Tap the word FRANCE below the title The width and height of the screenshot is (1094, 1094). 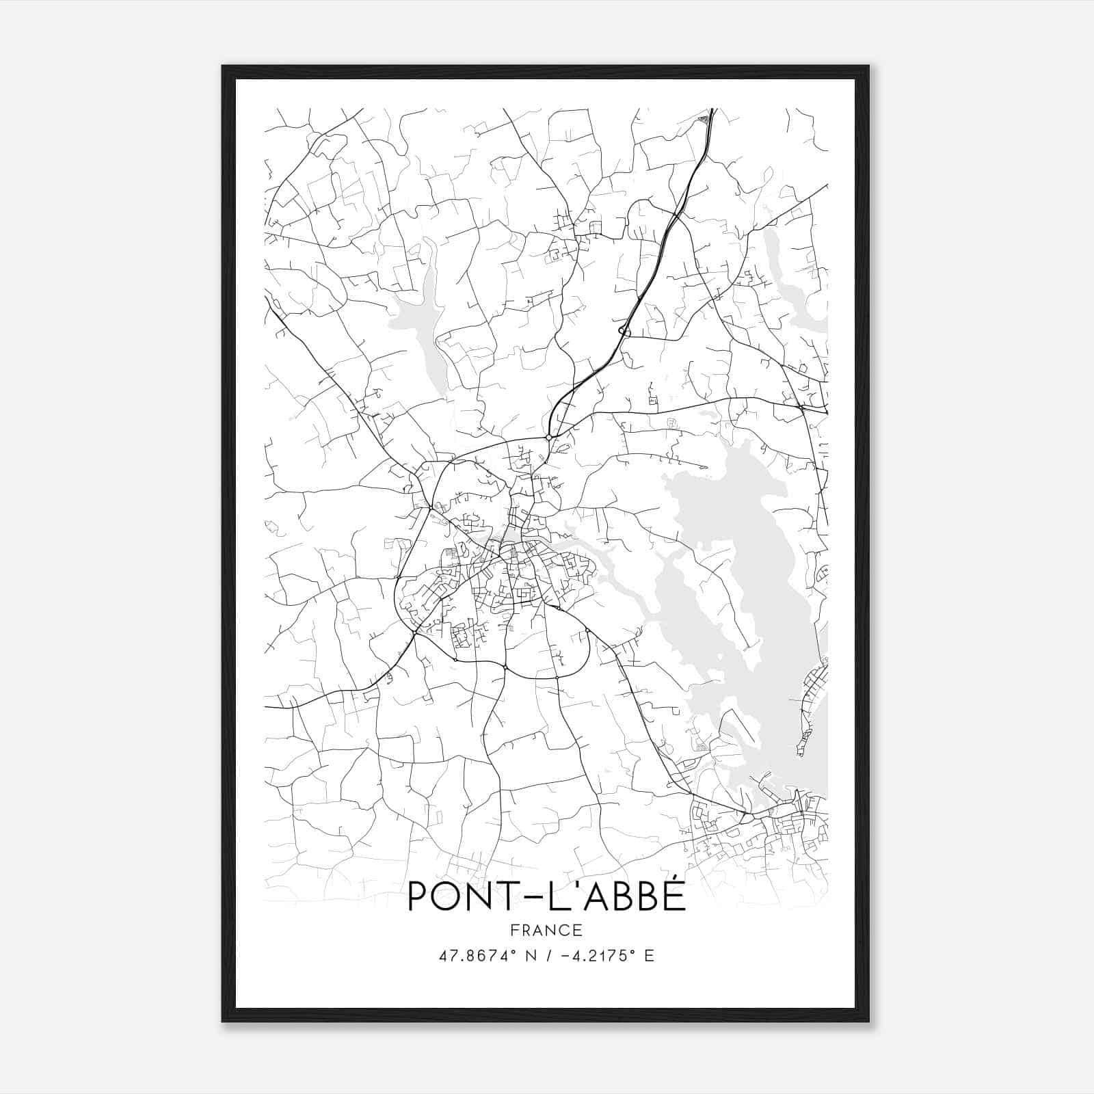coord(546,930)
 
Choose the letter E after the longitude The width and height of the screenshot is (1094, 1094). coord(649,955)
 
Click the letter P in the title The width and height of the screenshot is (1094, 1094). coord(417,896)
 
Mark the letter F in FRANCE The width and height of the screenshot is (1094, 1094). coord(513,930)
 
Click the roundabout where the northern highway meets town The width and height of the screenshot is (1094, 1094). coord(548,437)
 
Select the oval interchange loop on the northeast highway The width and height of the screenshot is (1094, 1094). coord(623,331)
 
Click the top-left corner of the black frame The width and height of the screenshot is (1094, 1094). coord(223,67)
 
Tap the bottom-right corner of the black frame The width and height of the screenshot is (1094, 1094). coord(868,1022)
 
